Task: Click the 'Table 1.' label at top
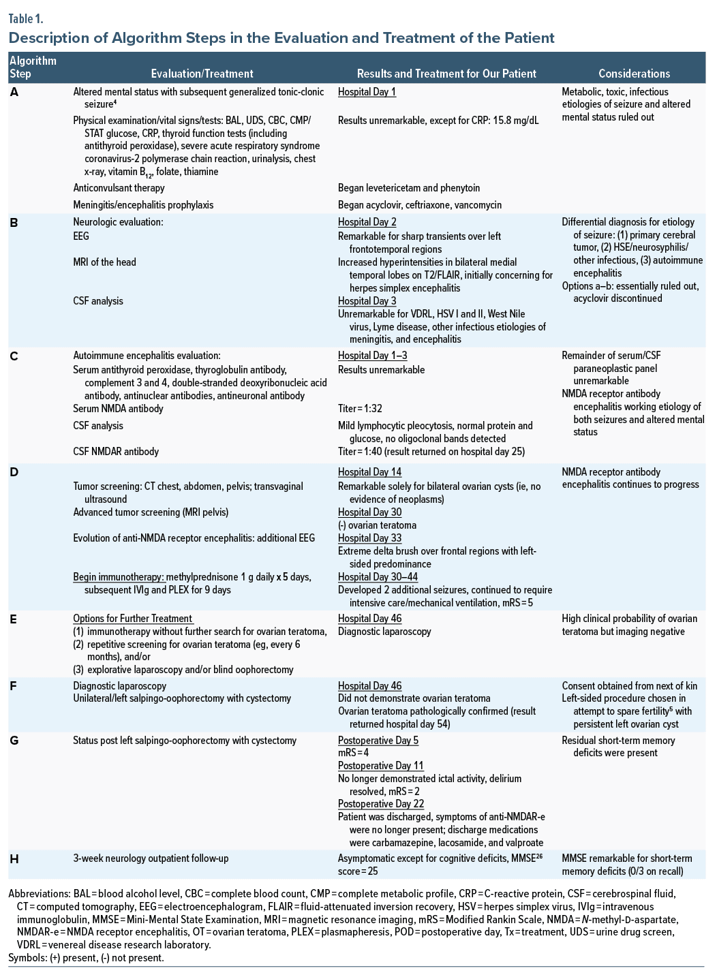click(25, 18)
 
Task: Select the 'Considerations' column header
click(634, 74)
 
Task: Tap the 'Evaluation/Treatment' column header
click(202, 74)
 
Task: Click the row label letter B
click(14, 222)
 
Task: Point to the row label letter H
click(14, 859)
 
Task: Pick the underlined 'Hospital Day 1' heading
click(367, 92)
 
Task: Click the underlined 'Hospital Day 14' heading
click(369, 472)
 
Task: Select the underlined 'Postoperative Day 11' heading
click(380, 766)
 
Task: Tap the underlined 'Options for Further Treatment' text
click(133, 619)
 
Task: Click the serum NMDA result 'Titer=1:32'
click(360, 409)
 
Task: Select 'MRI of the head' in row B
click(104, 262)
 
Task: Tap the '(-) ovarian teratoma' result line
click(377, 525)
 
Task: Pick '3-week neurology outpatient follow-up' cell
click(151, 858)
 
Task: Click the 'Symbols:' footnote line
click(86, 958)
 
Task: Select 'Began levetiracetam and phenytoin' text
click(409, 188)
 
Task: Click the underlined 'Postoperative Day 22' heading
click(381, 804)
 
